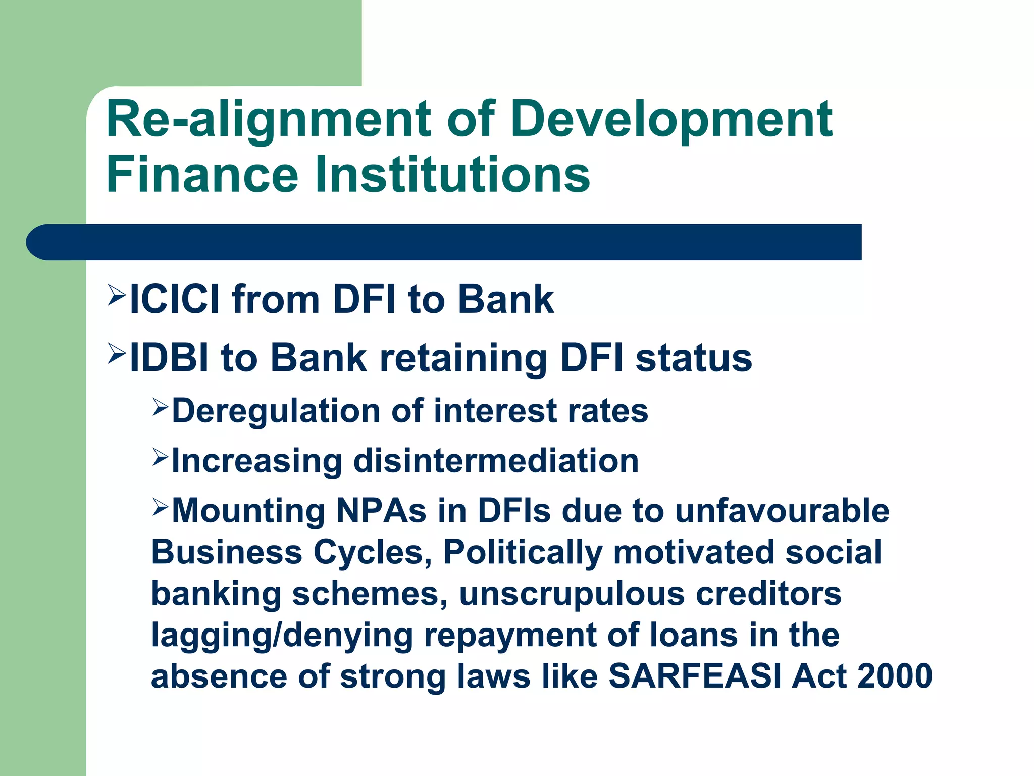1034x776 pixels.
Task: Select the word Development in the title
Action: click(671, 120)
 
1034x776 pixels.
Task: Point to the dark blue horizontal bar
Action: click(444, 242)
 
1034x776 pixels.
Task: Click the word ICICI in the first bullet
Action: click(175, 299)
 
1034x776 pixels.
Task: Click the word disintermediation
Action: click(496, 461)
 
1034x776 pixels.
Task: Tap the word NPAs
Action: click(381, 511)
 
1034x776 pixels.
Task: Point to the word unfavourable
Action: click(782, 511)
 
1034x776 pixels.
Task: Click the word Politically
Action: click(523, 552)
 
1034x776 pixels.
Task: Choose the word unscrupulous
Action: click(572, 593)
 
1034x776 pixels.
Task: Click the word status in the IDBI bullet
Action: click(694, 358)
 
